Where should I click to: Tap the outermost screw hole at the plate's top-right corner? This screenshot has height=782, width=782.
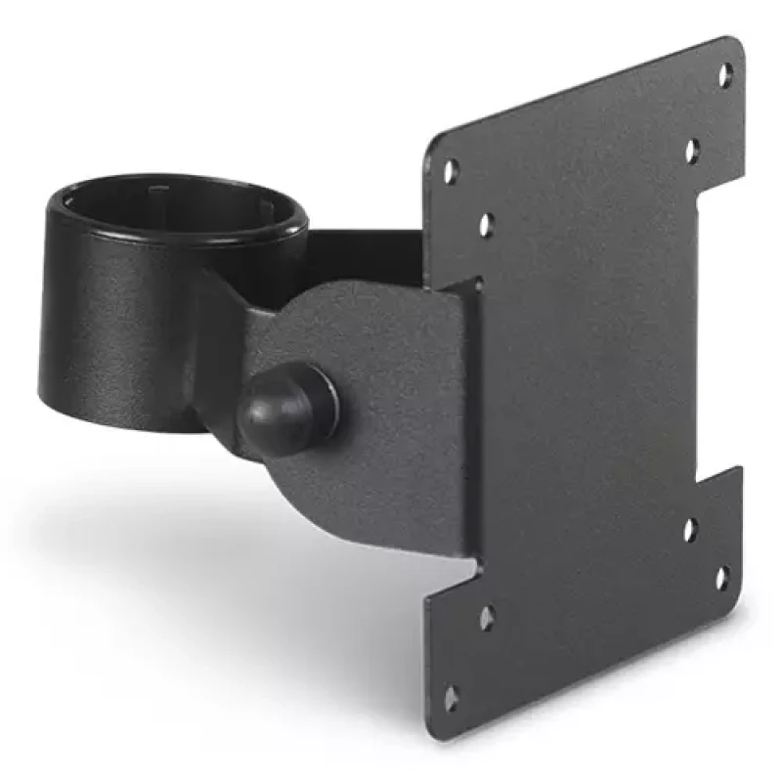tap(725, 72)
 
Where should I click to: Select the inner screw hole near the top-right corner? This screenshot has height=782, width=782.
tap(691, 151)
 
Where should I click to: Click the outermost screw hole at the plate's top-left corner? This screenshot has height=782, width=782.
tap(451, 171)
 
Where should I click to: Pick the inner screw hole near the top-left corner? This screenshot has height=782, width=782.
tap(486, 225)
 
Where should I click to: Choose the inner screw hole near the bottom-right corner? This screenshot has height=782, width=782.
tap(689, 530)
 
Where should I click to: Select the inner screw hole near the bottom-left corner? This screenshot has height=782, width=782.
tap(486, 617)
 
